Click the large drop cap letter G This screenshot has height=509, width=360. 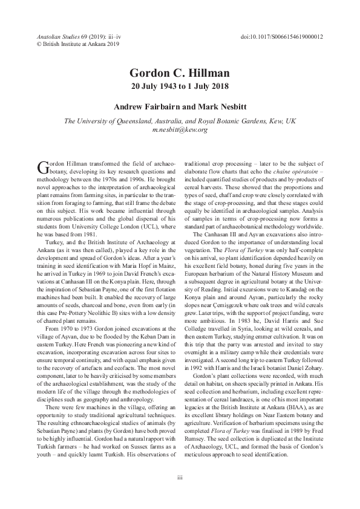[42, 167]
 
